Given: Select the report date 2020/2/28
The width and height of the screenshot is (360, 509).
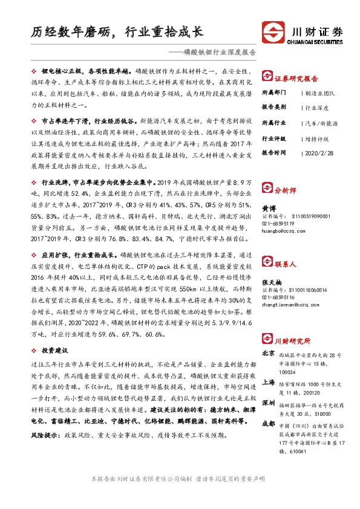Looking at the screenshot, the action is [322, 153].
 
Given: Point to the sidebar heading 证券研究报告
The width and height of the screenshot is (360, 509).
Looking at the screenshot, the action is [296, 79].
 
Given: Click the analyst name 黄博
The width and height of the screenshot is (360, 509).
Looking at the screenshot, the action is [267, 206].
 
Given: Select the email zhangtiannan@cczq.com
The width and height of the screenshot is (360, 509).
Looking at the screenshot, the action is [290, 306].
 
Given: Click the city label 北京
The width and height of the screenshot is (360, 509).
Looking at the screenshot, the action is [269, 352].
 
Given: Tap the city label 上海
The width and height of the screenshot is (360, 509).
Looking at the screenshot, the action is [269, 383].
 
